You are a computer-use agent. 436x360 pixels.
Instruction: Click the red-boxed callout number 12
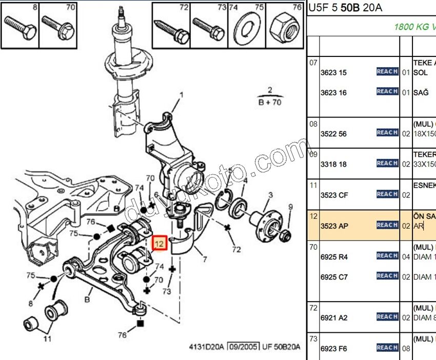coord(160,243)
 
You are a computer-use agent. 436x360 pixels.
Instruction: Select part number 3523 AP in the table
coord(333,225)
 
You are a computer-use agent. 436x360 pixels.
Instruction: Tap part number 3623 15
coord(333,72)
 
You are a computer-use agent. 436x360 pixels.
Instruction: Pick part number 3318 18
coord(333,164)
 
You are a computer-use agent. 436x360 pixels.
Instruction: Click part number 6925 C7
coord(333,277)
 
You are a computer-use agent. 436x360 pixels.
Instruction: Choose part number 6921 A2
coord(333,318)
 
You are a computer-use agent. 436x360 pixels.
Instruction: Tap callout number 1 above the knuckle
coord(181,95)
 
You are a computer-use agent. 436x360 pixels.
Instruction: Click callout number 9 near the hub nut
coord(290,207)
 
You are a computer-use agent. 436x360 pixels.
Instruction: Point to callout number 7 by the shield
coord(205,259)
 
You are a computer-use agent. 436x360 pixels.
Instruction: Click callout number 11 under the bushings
coord(47,338)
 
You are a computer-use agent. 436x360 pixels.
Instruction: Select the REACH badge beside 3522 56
coord(387,133)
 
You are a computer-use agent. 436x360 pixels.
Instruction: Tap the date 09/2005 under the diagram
coord(244,347)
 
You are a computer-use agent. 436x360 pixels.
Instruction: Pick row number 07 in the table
coord(313,63)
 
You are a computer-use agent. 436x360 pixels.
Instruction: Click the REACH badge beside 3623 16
coord(387,91)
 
